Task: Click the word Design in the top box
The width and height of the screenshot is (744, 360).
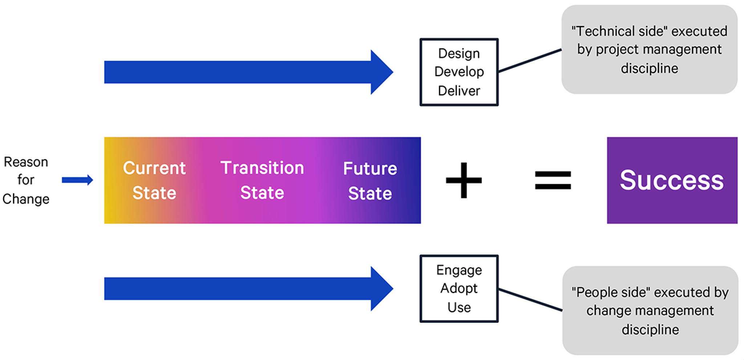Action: pos(459,53)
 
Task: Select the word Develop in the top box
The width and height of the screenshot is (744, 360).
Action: pos(459,72)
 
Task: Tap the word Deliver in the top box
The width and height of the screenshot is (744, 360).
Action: pos(459,91)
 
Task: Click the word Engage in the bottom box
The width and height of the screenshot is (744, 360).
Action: pos(459,270)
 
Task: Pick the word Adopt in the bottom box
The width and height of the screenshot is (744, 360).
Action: pos(459,288)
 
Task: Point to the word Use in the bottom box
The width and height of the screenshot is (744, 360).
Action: pos(459,308)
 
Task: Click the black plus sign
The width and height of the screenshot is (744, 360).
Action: pos(464,180)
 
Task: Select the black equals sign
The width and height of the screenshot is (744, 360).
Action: pos(553,180)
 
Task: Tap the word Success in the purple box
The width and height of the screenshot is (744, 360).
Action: pos(672,180)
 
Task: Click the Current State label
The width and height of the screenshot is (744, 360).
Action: pos(154,180)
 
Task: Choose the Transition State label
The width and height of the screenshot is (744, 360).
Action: pos(262,180)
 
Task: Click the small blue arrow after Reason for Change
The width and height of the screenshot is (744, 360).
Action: pos(77,180)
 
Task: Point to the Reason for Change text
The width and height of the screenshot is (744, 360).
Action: pos(26,180)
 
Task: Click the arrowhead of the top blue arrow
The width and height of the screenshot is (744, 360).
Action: pos(381,72)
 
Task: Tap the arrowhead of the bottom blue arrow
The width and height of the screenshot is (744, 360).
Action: pos(381,289)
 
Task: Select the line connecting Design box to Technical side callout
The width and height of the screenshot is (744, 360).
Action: pos(530,61)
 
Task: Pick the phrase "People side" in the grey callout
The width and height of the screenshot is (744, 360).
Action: pos(610,292)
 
